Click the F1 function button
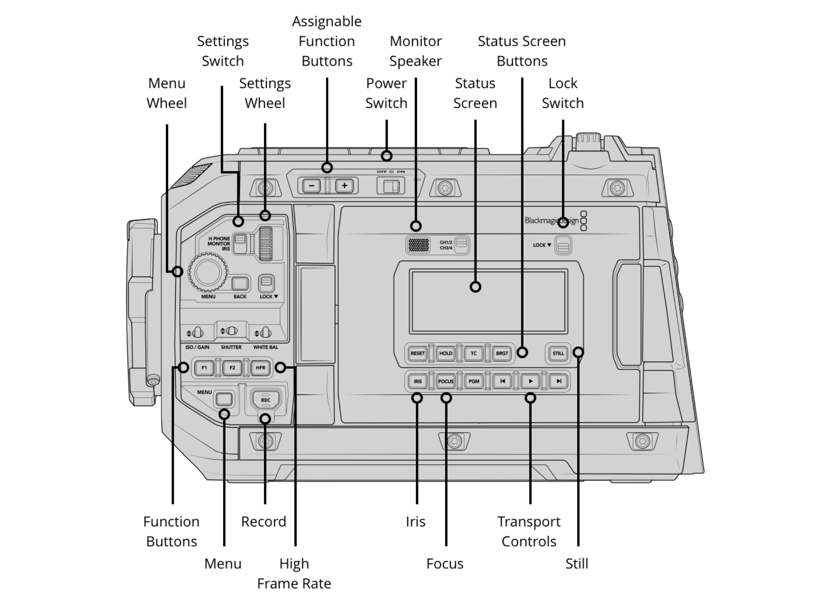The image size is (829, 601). [204, 368]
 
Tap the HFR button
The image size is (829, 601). [260, 368]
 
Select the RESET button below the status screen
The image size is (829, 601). [417, 353]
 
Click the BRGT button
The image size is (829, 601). [502, 353]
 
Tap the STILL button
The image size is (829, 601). [558, 353]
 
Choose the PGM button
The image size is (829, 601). [473, 381]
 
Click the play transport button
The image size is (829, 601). [530, 381]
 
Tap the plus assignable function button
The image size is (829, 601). [344, 186]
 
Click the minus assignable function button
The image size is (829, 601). [312, 186]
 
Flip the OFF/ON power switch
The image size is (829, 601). [390, 186]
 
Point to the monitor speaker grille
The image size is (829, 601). [418, 245]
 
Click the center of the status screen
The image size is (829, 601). [489, 301]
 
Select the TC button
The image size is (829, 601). [473, 353]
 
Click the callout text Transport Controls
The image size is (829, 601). [529, 532]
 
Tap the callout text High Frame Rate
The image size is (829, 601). [294, 573]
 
